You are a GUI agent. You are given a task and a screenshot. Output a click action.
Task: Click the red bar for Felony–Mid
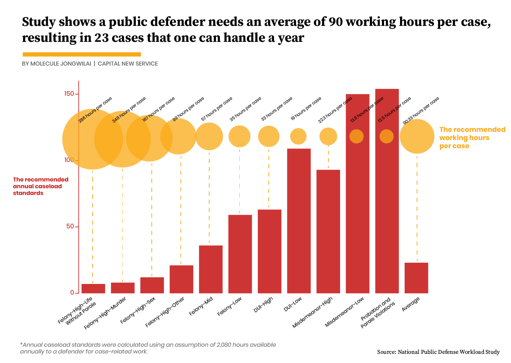coord(211,269)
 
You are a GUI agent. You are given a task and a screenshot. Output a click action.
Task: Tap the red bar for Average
coord(416,278)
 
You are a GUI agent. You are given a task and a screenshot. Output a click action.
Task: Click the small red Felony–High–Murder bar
coord(123,288)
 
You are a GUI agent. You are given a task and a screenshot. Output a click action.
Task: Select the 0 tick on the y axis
coord(72,293)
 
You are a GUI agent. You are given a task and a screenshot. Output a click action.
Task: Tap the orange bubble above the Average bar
coord(417,136)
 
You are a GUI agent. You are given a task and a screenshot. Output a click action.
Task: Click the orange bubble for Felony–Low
coord(239,136)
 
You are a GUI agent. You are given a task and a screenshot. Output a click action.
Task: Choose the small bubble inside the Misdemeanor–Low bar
coord(357,136)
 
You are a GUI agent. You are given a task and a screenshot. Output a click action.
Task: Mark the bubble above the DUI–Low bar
coord(298,136)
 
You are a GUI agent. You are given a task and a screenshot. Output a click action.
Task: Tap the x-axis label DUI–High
coord(263,305)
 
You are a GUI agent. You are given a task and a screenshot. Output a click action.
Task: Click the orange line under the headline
coord(82,54)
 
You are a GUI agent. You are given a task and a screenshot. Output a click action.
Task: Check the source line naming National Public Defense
coord(438,352)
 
